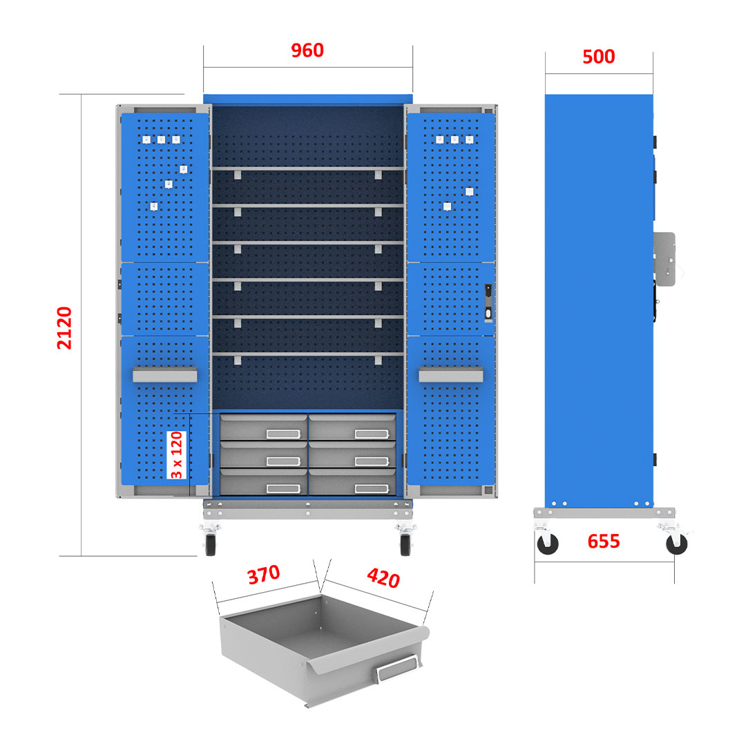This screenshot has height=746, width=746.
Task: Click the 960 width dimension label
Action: click(307, 50)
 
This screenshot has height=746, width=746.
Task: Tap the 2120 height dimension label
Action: click(64, 328)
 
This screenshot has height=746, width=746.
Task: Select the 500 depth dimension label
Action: click(598, 57)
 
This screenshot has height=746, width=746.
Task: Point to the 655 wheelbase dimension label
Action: click(603, 542)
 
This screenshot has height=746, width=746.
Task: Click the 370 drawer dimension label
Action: click(264, 574)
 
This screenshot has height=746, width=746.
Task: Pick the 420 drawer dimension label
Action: click(383, 577)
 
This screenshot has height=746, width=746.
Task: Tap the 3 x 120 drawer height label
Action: click(177, 455)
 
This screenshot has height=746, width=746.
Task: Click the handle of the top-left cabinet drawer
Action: click(283, 434)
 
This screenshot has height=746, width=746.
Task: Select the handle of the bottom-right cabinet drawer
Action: click(372, 488)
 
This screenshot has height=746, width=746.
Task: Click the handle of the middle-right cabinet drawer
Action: click(372, 461)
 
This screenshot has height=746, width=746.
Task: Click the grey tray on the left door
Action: click(164, 374)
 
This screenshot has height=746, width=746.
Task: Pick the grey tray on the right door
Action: click(450, 374)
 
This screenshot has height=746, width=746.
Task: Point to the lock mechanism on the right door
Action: click(488, 303)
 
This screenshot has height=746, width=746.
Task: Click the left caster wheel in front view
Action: click(210, 544)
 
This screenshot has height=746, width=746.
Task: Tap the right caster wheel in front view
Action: click(405, 544)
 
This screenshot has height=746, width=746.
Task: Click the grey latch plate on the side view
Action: click(664, 259)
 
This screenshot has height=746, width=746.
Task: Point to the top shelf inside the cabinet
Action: click(308, 169)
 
